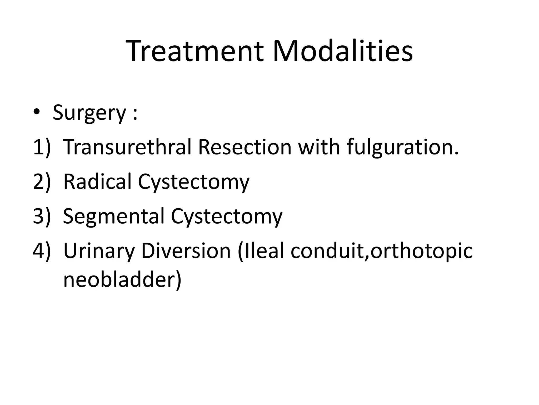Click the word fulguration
(403, 148)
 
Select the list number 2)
(41, 182)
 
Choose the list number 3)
(41, 216)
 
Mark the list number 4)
(41, 251)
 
